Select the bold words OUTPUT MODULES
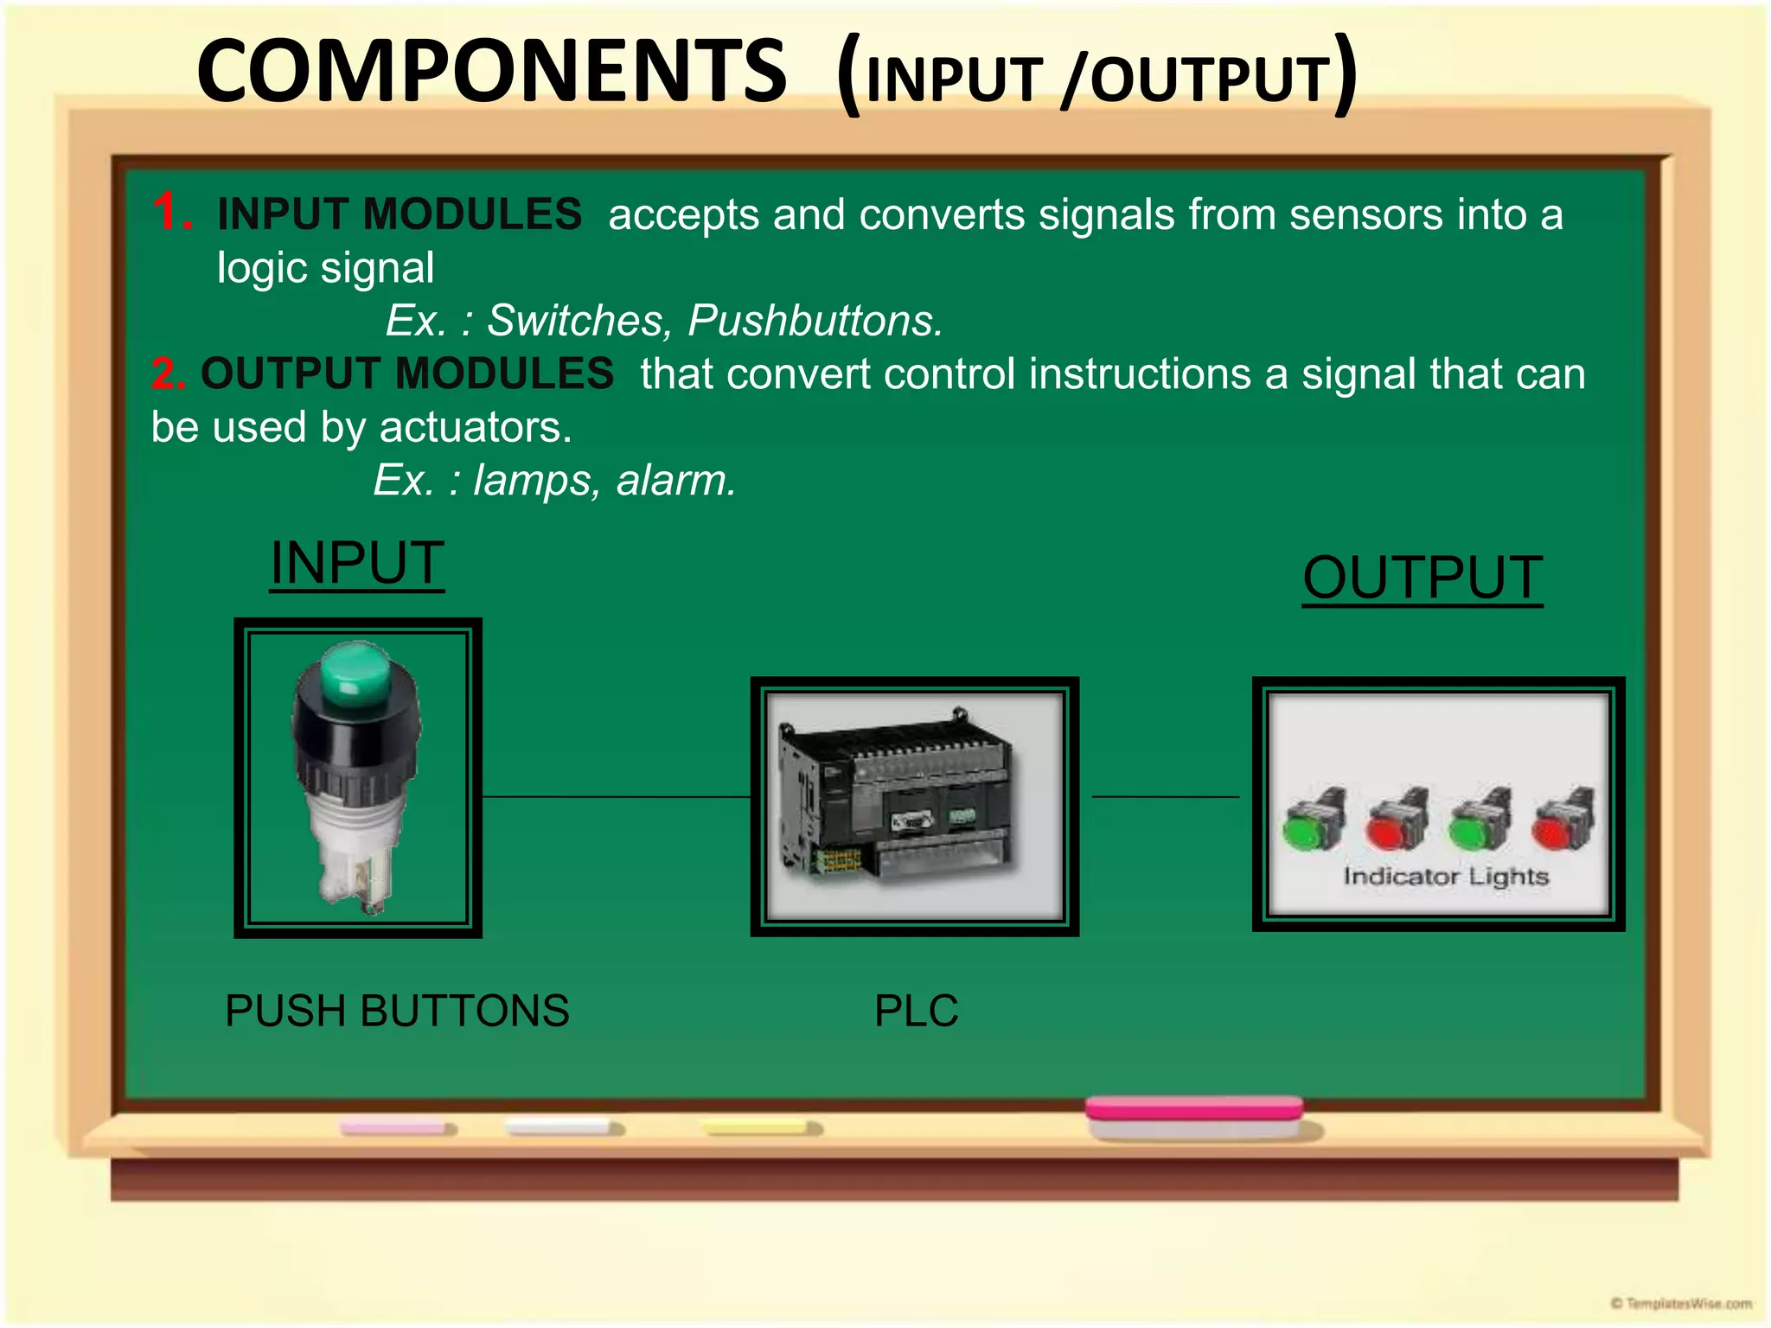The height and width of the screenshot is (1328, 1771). [407, 373]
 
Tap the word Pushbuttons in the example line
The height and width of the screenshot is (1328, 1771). [813, 321]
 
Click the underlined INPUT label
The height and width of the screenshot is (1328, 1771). [357, 563]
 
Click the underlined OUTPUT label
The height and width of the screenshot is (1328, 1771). [1423, 578]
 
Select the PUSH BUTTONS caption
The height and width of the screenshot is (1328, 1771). [397, 1010]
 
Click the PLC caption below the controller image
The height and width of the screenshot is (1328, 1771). [916, 1010]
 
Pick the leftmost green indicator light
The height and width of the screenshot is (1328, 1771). [1307, 833]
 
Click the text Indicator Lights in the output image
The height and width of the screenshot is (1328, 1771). [1445, 877]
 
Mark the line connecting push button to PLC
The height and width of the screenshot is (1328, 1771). [616, 796]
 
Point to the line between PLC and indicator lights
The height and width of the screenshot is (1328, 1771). [1165, 796]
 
